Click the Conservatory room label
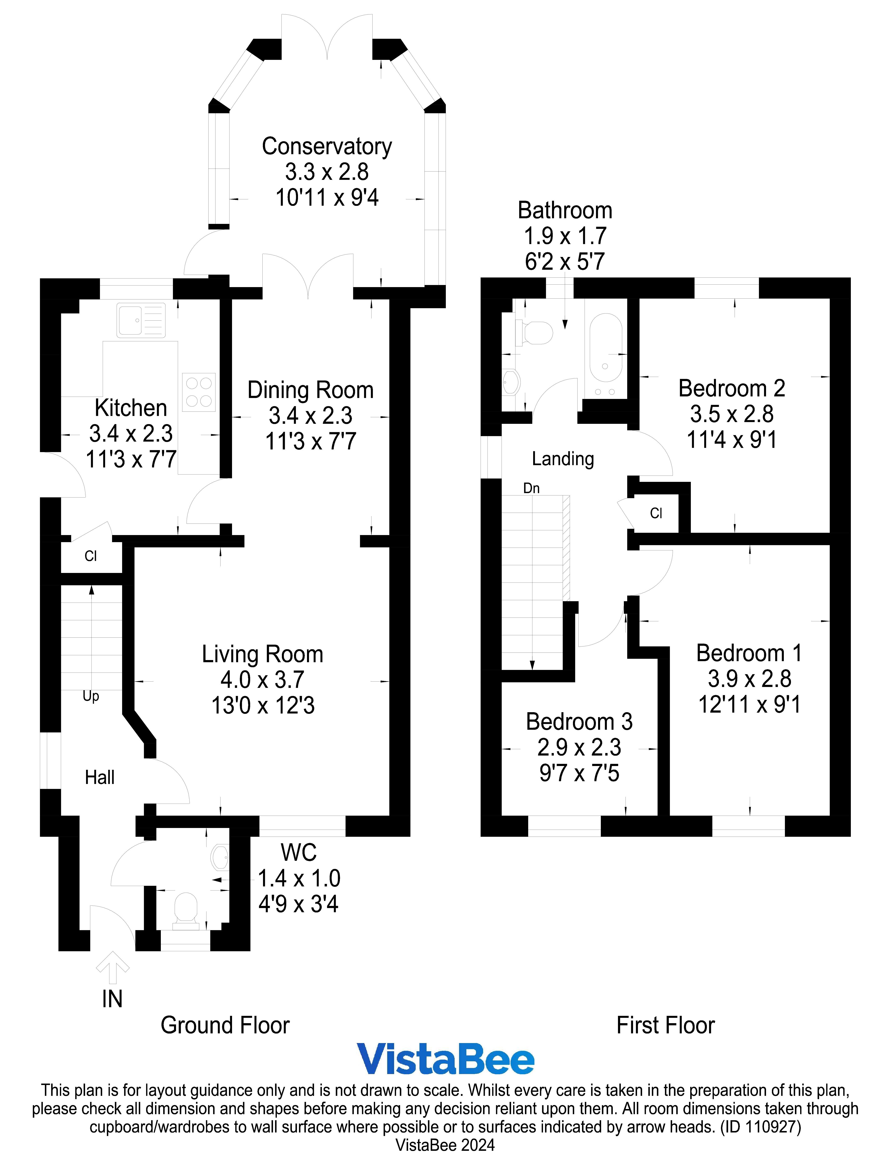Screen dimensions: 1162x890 click(x=327, y=147)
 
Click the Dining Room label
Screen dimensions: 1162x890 click(x=310, y=390)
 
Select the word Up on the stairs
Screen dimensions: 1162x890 click(x=91, y=696)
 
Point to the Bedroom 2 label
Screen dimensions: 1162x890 click(x=732, y=389)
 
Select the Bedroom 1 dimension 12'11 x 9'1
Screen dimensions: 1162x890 click(x=749, y=704)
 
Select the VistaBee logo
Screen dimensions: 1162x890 click(x=445, y=1059)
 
